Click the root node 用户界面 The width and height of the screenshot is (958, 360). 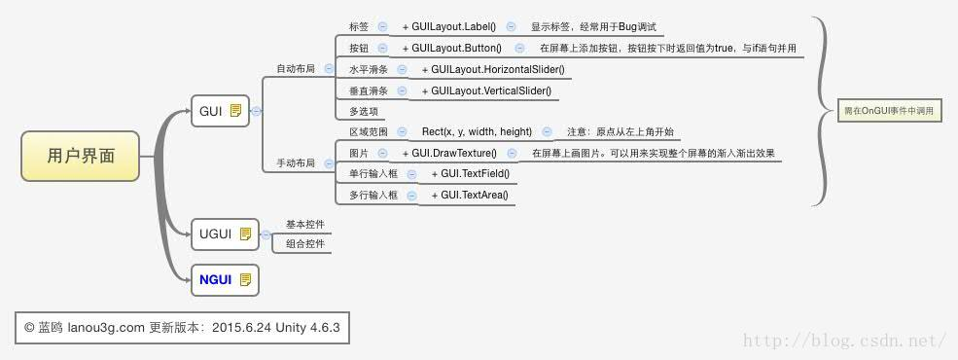coord(80,156)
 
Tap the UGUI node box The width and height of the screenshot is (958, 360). coord(225,234)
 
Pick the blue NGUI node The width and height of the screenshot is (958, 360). coord(225,280)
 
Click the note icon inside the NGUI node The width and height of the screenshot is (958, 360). coord(245,280)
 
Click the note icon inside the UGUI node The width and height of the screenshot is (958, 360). coord(245,234)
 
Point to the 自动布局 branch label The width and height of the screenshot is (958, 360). coord(296,69)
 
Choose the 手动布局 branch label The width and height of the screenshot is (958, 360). coord(296,163)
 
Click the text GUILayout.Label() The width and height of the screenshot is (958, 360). coord(453,27)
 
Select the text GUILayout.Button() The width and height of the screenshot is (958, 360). coord(456,48)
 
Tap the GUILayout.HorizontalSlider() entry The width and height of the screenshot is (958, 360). coord(490,70)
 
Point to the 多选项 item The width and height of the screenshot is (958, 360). coord(364,112)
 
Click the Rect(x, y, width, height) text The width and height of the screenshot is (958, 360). coord(477,132)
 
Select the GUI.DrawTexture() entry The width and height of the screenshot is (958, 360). coord(453,154)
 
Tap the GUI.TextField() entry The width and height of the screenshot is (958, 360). coord(474,174)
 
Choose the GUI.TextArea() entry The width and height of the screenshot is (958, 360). coord(474,196)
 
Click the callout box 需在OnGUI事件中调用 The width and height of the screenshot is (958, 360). coord(888,111)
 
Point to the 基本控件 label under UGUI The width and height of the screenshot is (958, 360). coord(304,225)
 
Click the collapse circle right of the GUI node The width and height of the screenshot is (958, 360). coord(256,111)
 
